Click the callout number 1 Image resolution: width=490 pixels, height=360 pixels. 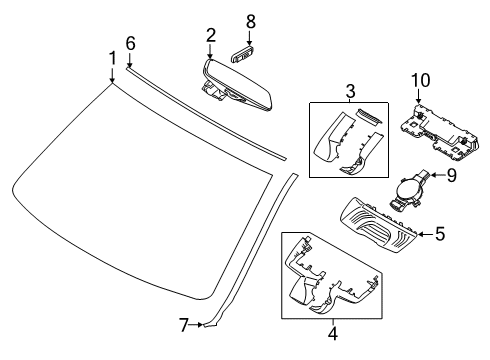(112, 58)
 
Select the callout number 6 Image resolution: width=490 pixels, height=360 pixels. (130, 42)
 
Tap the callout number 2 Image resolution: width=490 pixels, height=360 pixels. (211, 35)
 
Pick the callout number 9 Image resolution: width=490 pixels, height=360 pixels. (450, 176)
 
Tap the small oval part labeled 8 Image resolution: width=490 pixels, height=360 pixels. (243, 45)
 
